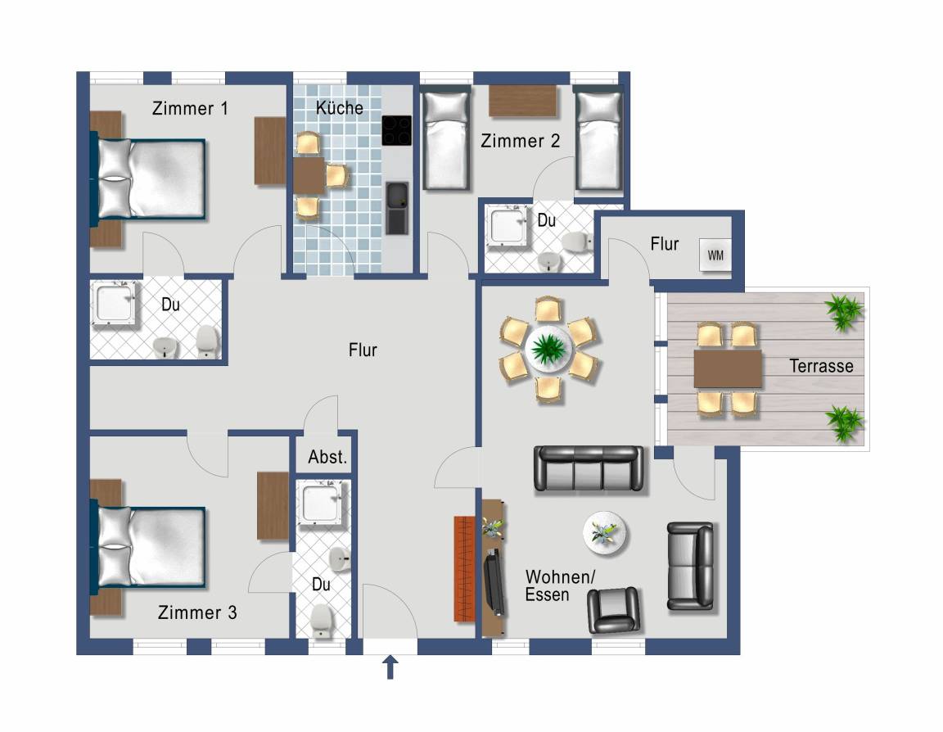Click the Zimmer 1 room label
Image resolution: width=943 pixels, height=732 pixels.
pyautogui.click(x=190, y=109)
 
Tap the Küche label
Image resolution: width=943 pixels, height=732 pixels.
pyautogui.click(x=340, y=107)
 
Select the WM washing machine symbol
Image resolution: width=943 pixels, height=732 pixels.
pyautogui.click(x=715, y=255)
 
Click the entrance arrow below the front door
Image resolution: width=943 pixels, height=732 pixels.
pyautogui.click(x=390, y=667)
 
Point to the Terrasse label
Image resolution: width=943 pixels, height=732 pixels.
pyautogui.click(x=821, y=366)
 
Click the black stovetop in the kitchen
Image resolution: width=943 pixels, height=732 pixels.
pyautogui.click(x=396, y=130)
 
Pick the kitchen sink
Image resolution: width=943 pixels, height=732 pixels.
pyautogui.click(x=397, y=208)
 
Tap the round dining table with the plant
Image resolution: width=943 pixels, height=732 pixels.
pyautogui.click(x=548, y=349)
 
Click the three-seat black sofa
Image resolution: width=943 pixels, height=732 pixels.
pyautogui.click(x=589, y=469)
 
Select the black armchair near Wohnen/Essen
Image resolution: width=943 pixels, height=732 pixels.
pyautogui.click(x=613, y=609)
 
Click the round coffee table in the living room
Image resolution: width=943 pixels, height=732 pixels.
pyautogui.click(x=605, y=533)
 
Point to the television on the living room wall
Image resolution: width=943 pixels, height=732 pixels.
pyautogui.click(x=494, y=582)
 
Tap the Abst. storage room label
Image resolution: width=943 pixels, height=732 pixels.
pyautogui.click(x=327, y=457)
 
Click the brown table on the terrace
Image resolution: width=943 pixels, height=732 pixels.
pyautogui.click(x=728, y=368)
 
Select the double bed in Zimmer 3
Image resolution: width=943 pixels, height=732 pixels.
pyautogui.click(x=148, y=547)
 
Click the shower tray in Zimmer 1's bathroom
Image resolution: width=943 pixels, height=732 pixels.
pyautogui.click(x=115, y=303)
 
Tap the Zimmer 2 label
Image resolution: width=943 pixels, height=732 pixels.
pyautogui.click(x=521, y=142)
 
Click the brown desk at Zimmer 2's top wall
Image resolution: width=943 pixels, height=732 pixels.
pyautogui.click(x=522, y=101)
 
